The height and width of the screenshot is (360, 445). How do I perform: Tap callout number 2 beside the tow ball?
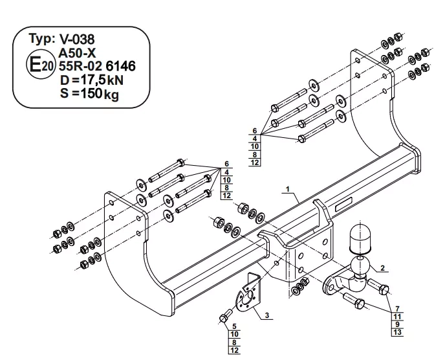[383, 267]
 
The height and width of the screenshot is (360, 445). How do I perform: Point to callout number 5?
[234, 326]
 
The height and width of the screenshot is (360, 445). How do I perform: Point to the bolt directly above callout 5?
[224, 317]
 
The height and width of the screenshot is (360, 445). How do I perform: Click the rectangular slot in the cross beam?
[342, 207]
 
